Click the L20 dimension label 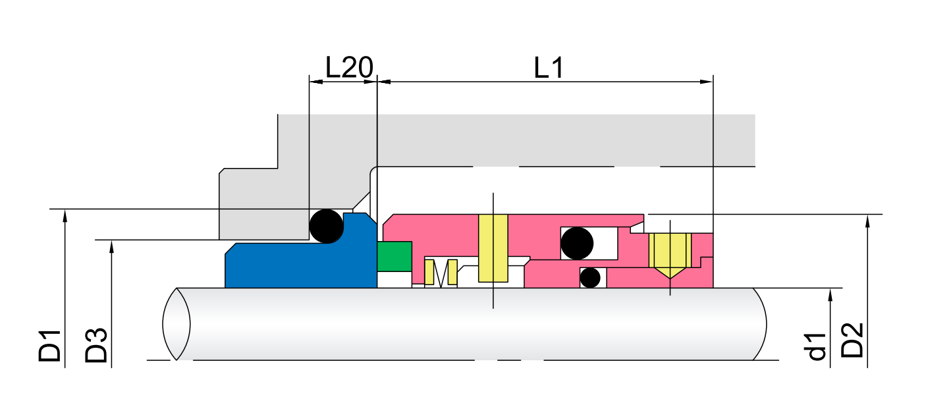349,67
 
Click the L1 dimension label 548,67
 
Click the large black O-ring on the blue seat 327,226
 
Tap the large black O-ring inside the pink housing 576,243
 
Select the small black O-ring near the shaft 590,277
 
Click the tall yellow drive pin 493,248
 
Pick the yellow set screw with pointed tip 669,254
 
